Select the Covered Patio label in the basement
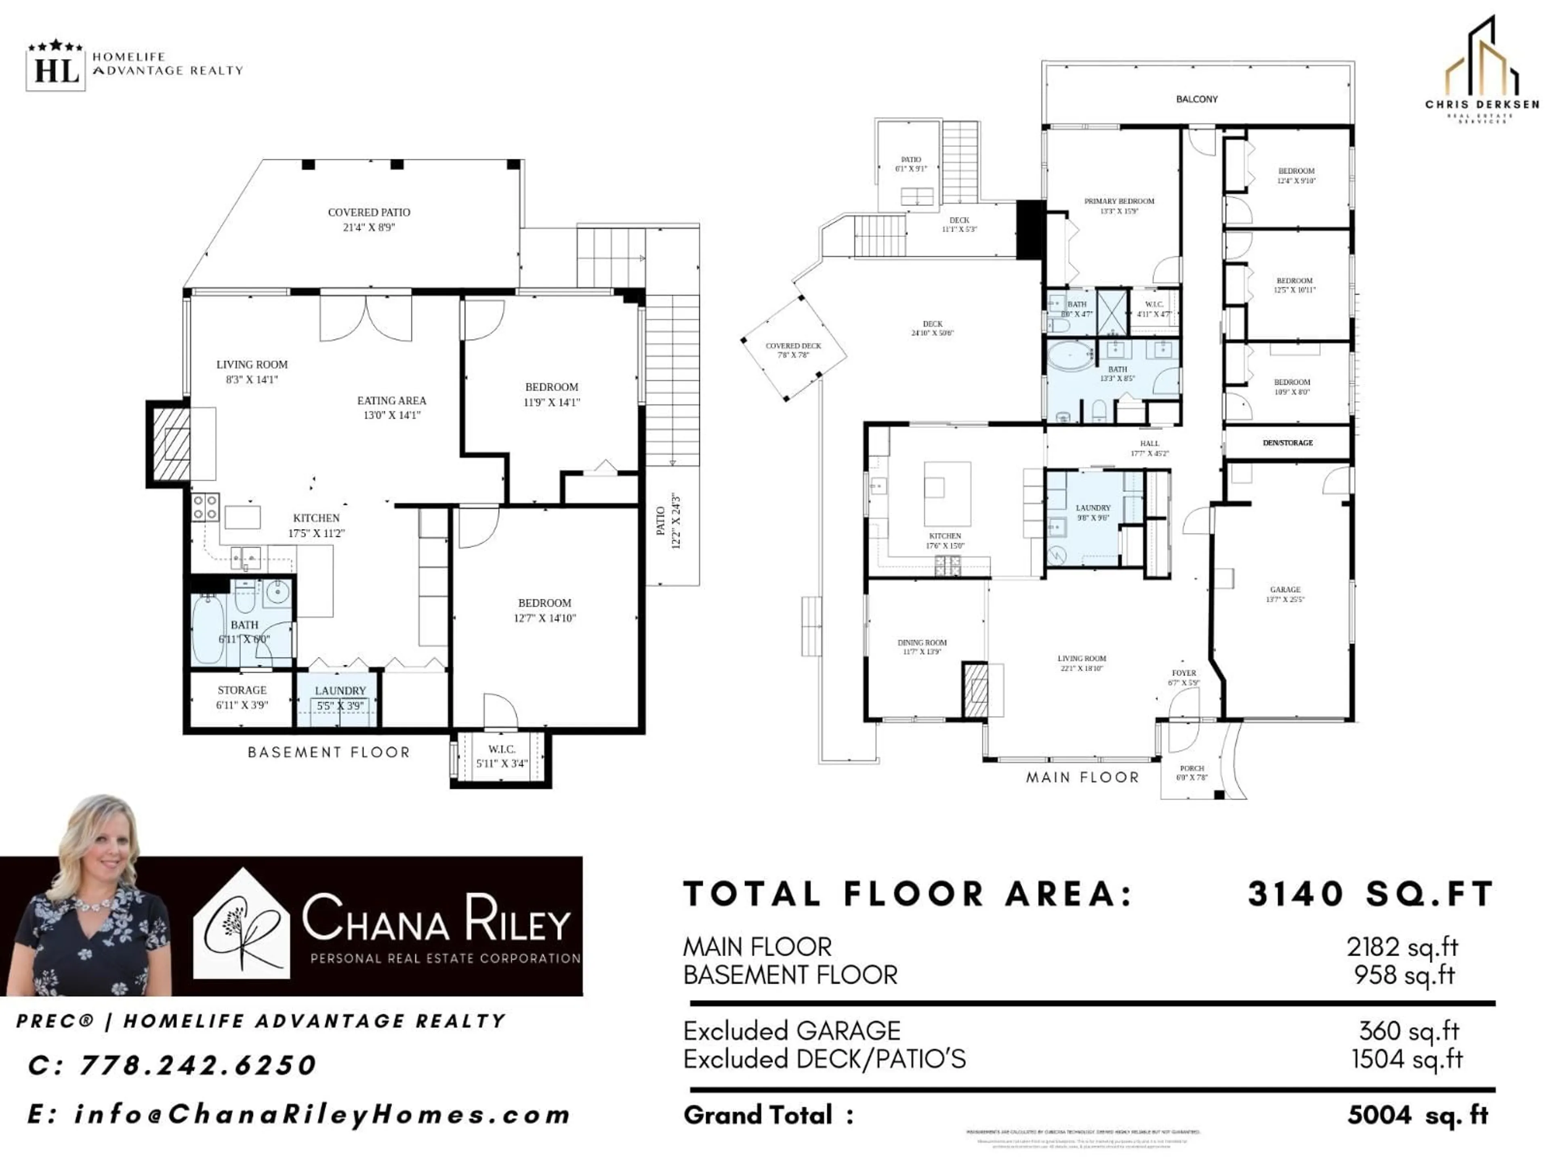(x=369, y=219)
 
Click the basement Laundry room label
(x=340, y=697)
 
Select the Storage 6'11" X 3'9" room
(x=242, y=697)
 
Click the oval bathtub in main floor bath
(x=1070, y=356)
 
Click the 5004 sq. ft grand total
(x=1417, y=1115)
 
